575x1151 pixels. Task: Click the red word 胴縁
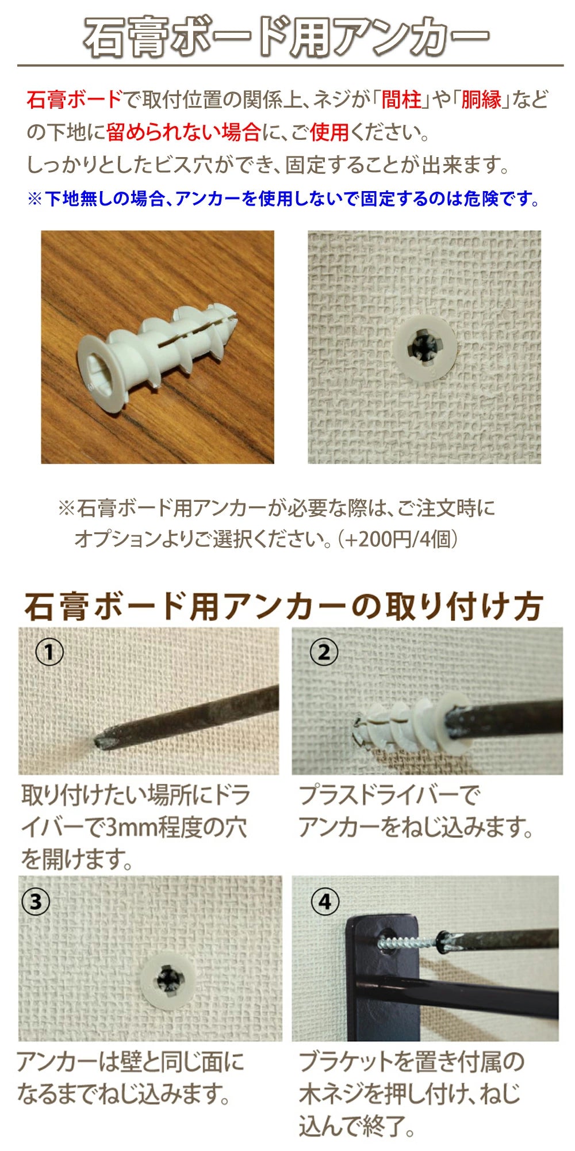tap(482, 100)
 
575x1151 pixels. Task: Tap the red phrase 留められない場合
tap(183, 133)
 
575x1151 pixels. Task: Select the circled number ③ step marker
tap(36, 901)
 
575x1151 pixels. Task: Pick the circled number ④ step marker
tap(325, 901)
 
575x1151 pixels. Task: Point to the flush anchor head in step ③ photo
tap(167, 981)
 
